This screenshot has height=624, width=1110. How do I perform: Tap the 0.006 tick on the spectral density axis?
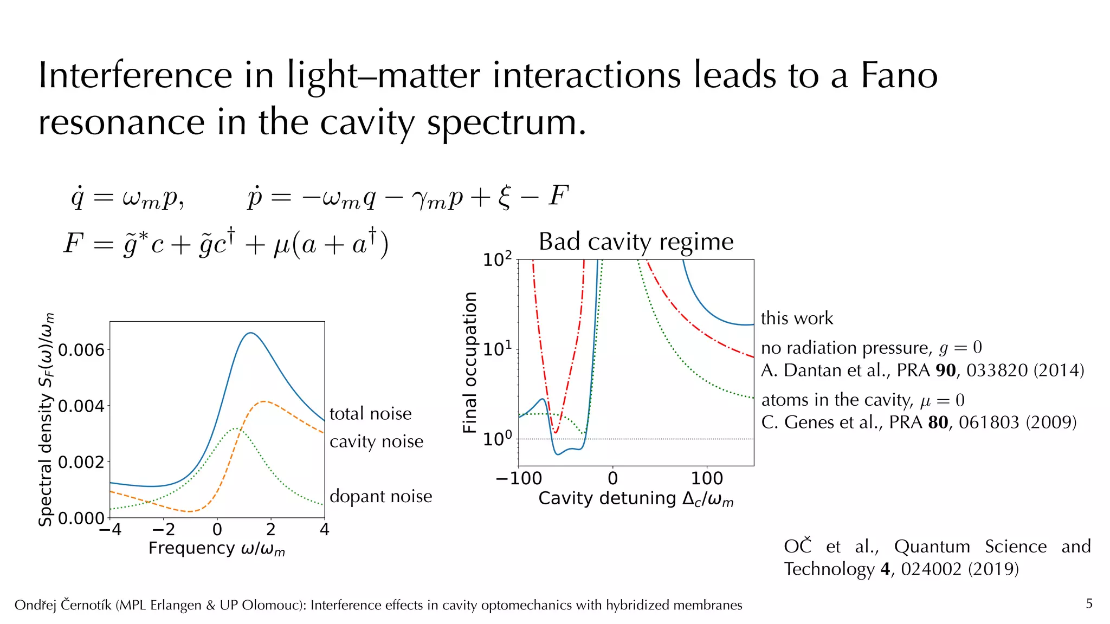[81, 350]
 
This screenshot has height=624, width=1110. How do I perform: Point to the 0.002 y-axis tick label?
[81, 462]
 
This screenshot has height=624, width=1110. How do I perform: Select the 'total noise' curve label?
[370, 414]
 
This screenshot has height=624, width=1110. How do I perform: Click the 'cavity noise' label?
[376, 441]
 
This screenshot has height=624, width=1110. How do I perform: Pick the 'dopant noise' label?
[380, 496]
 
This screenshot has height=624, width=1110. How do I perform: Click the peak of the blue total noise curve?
[250, 333]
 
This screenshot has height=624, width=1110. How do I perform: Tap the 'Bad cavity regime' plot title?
[636, 242]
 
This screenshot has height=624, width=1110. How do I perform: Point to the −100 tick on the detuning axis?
[519, 478]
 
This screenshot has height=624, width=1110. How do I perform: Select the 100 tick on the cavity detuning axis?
[707, 478]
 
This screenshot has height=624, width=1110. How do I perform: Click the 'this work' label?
[797, 318]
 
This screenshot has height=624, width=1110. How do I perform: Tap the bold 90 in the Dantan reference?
[946, 370]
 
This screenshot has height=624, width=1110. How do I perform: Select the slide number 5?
[1089, 603]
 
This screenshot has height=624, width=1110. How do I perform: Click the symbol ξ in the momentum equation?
[504, 197]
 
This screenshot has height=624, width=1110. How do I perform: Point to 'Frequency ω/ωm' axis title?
[216, 548]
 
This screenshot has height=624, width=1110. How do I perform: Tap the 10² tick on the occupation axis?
[497, 259]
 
